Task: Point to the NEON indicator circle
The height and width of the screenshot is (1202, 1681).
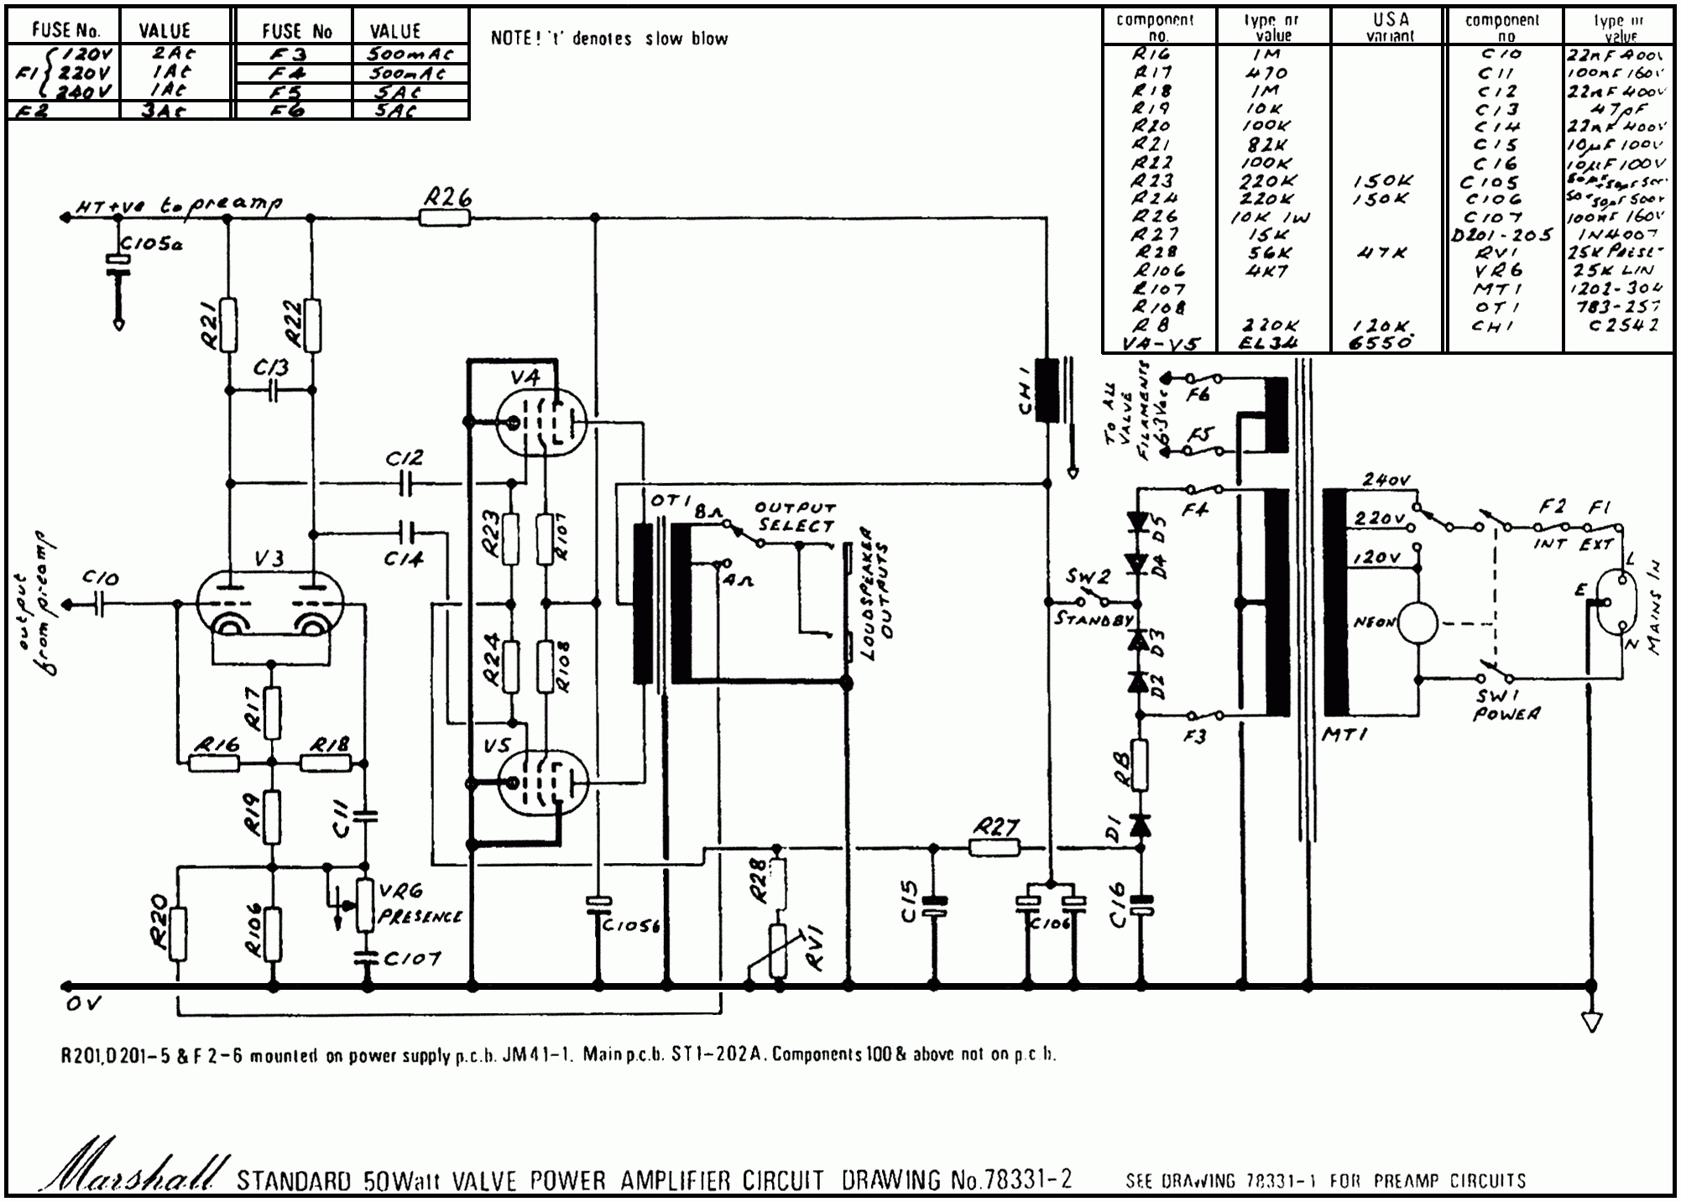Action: tap(1416, 623)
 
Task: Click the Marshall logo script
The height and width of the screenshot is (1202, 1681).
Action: tap(134, 1170)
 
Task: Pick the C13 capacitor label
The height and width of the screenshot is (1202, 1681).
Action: tap(271, 367)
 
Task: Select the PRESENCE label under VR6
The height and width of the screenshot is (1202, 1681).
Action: tap(420, 916)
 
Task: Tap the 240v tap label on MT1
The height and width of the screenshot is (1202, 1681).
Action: tap(1386, 481)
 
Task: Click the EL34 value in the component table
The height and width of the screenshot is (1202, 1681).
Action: tap(1269, 342)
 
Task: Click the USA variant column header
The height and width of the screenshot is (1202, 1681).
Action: tap(1389, 27)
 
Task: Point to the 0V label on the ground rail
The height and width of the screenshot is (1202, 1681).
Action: tap(83, 1004)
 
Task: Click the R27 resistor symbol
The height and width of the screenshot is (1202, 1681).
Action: tap(995, 849)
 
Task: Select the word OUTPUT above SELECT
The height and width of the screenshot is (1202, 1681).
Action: tap(795, 508)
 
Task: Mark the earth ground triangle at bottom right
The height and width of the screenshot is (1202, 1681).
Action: tap(1590, 1022)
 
